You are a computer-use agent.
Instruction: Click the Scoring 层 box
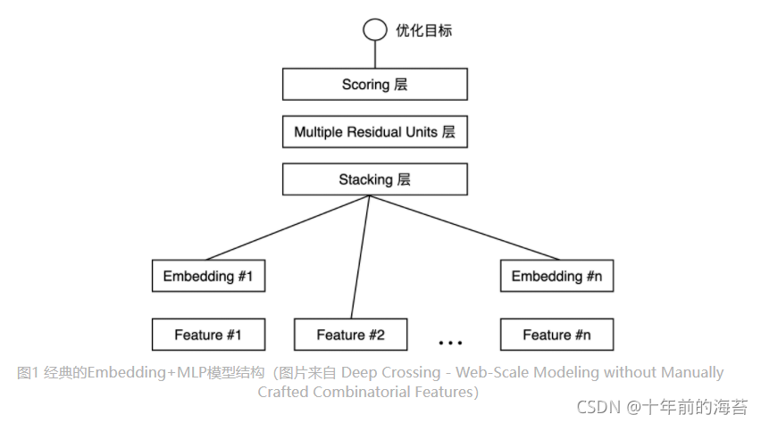374,85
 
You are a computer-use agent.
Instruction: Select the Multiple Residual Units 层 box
374,132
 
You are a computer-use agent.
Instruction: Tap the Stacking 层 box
374,179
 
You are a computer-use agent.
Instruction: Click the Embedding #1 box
208,277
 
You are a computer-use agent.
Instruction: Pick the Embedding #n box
556,277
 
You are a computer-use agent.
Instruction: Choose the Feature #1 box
208,335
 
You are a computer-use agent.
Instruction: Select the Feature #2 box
350,335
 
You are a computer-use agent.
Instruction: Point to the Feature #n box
556,335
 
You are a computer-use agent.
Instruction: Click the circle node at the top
374,30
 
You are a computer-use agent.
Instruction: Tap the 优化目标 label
423,30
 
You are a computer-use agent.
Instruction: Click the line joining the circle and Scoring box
374,54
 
